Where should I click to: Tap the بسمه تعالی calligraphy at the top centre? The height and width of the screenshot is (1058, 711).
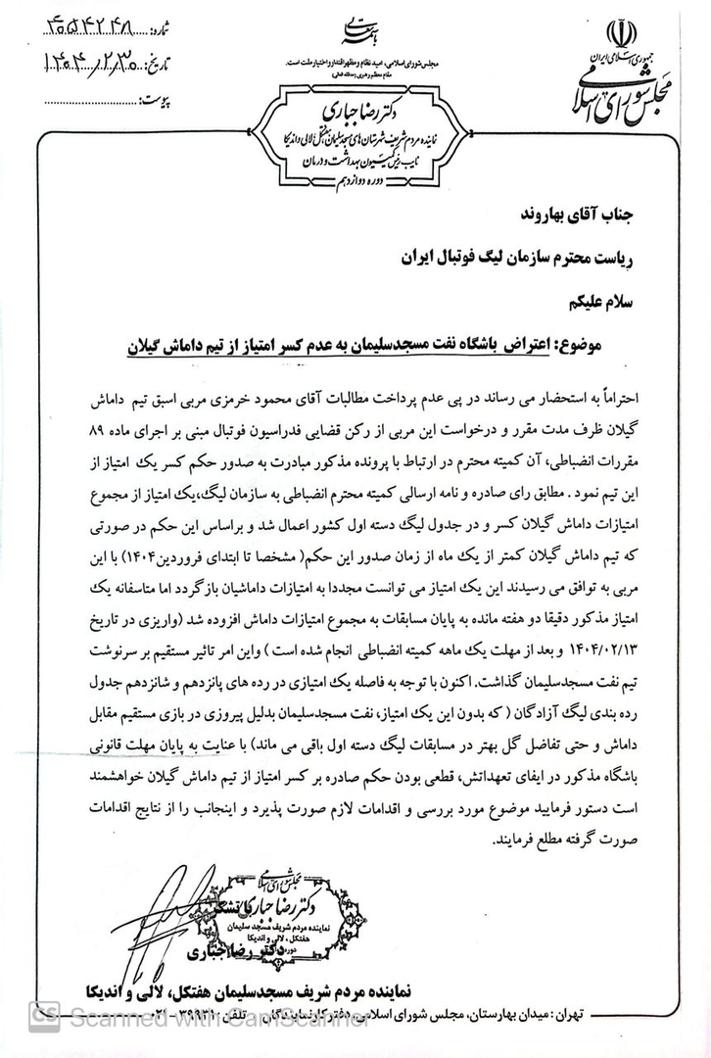pos(355,33)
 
